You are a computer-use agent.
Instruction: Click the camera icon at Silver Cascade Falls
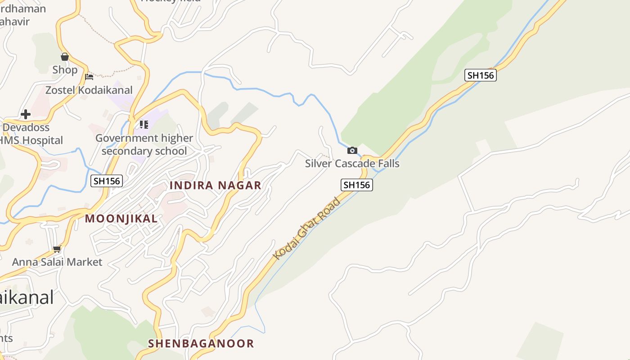tap(352, 150)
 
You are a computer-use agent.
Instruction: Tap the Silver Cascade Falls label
tap(352, 163)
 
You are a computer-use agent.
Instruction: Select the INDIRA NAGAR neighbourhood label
tap(215, 185)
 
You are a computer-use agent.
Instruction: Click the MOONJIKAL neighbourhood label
tap(121, 219)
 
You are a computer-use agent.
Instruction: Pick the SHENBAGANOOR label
tap(201, 343)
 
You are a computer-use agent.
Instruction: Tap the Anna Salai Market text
tap(57, 262)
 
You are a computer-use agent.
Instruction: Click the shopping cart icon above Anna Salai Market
tap(57, 249)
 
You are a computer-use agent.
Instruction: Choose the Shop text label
tap(65, 70)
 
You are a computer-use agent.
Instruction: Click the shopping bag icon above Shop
tap(65, 57)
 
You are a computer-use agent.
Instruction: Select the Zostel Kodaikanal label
tap(89, 90)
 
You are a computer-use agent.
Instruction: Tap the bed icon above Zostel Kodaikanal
tap(89, 77)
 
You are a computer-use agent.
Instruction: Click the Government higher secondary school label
tap(144, 144)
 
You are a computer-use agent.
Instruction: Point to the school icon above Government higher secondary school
tap(144, 124)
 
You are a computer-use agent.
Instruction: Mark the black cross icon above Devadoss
tap(26, 114)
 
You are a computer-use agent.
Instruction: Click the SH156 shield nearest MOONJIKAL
tap(107, 181)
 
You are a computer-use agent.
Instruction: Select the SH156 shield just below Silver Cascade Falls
tap(356, 184)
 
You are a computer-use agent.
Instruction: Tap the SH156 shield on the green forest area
tap(481, 75)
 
